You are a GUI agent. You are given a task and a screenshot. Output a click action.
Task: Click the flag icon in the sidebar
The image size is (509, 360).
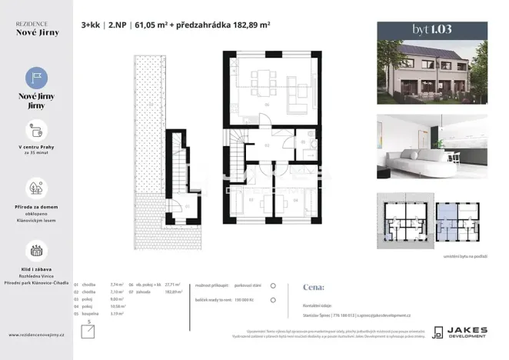(x=36, y=77)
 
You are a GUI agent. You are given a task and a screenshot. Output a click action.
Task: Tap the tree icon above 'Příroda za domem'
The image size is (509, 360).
(x=36, y=188)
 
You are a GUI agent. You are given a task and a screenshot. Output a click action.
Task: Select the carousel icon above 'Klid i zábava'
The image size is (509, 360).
(x=36, y=250)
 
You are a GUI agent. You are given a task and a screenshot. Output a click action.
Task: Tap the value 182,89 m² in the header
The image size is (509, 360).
(x=250, y=25)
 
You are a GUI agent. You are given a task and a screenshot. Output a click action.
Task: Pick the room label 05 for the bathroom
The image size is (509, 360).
(x=303, y=142)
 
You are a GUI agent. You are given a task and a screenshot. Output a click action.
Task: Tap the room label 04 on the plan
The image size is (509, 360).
(x=296, y=200)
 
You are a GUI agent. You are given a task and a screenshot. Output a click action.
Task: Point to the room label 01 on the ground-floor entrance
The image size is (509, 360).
(x=188, y=206)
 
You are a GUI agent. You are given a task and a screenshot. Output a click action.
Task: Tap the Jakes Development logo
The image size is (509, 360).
(x=458, y=332)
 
